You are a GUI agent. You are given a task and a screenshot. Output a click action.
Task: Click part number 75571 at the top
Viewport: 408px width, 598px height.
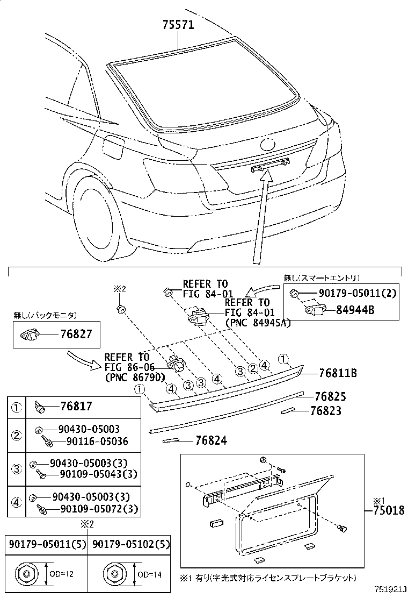[x=178, y=25]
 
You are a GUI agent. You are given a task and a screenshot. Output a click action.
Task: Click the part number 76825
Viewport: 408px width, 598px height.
[x=330, y=397]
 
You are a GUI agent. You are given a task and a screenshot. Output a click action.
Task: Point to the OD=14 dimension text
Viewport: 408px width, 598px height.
[x=150, y=574]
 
